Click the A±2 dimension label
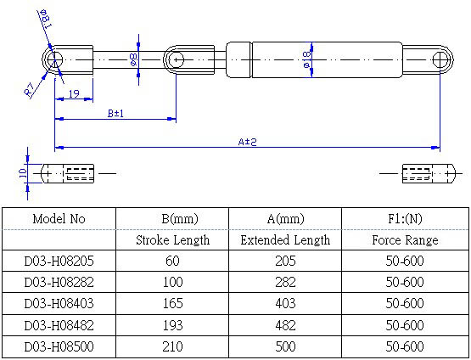(247, 142)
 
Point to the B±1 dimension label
(115, 114)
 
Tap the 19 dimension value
(74, 93)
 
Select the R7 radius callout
(30, 89)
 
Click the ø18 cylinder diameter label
(306, 59)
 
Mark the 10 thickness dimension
(23, 173)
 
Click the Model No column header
(59, 219)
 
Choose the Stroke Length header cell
(173, 240)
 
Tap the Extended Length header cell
(285, 240)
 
